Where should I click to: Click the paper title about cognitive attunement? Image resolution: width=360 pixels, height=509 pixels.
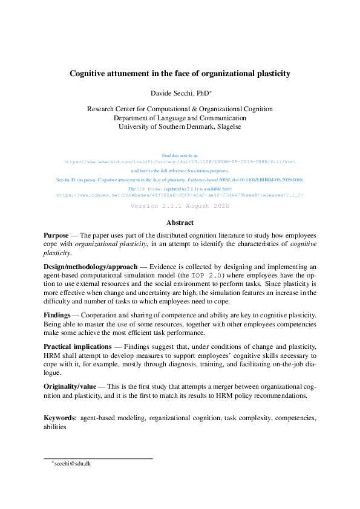[x=180, y=74]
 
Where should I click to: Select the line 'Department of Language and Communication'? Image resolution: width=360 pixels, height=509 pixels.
[x=180, y=118]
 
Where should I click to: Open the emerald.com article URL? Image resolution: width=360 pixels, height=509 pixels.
[x=180, y=162]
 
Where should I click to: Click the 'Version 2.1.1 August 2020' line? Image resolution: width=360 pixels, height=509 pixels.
[x=180, y=206]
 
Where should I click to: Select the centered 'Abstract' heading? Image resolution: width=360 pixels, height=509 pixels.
[x=180, y=222]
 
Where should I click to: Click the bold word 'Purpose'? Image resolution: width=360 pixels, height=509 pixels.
[x=56, y=235]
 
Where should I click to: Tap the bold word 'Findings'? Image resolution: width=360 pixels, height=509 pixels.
[x=57, y=315]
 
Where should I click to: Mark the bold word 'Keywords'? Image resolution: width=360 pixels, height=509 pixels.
[x=60, y=418]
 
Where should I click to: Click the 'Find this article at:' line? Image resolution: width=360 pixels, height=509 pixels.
[x=180, y=155]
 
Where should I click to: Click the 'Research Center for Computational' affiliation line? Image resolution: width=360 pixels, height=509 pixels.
[x=180, y=109]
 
